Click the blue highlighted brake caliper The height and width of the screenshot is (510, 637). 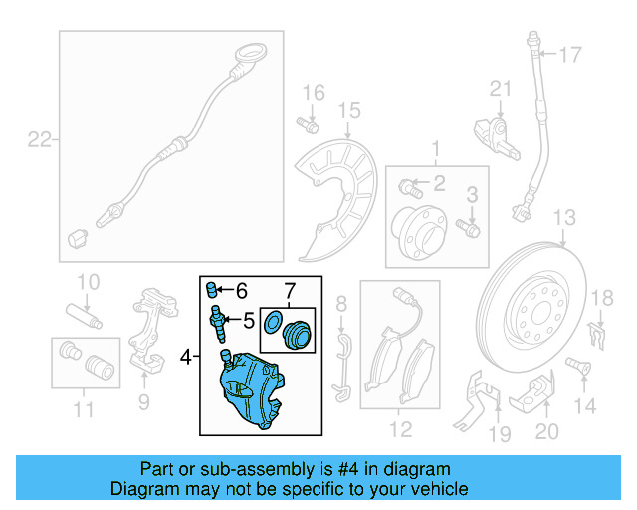click(255, 389)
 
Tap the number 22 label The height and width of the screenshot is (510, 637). click(38, 140)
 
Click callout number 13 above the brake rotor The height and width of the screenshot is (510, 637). click(564, 218)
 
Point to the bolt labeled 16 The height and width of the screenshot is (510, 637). click(308, 126)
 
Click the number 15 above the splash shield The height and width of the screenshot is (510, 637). click(348, 110)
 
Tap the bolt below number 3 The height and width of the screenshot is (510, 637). click(471, 228)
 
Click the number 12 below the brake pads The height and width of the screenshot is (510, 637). click(400, 431)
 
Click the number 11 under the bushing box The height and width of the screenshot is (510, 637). click(83, 408)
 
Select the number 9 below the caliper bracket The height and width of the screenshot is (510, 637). click(144, 401)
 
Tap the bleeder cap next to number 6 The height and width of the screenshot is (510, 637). click(211, 290)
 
